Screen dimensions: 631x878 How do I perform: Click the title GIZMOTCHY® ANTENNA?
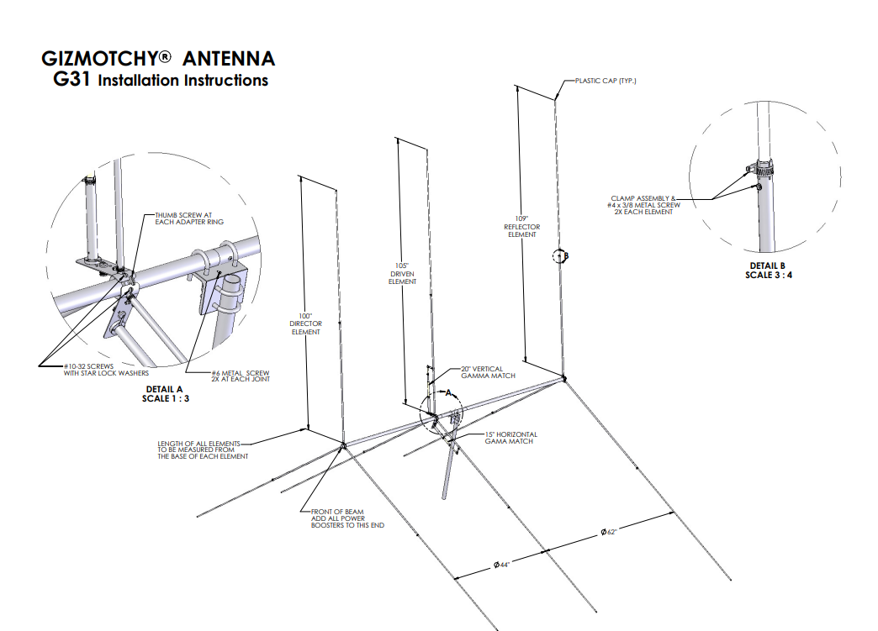158,59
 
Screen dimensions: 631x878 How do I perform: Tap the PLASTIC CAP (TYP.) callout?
605,81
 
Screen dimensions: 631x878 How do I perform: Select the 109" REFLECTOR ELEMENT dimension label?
522,227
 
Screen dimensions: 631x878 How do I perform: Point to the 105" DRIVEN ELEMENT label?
401,274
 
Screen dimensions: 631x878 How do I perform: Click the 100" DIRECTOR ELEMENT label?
305,324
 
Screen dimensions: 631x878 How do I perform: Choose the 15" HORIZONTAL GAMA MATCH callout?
510,438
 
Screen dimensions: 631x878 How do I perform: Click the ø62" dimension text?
609,532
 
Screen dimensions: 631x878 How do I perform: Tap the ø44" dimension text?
502,565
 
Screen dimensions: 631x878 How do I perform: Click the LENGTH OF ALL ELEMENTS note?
203,450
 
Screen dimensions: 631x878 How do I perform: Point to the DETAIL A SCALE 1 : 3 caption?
165,394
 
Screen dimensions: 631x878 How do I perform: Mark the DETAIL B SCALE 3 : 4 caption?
766,270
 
